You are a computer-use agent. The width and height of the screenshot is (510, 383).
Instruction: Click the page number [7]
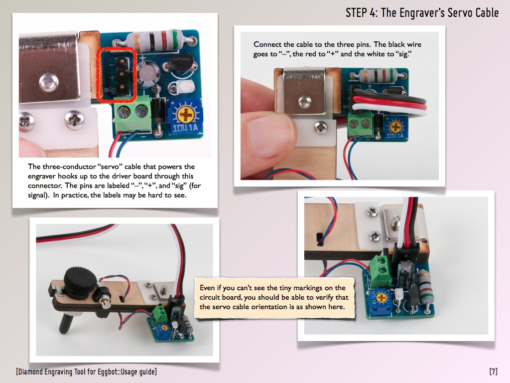coord(494,371)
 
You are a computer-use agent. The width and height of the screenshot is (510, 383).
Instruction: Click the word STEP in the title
coord(356,12)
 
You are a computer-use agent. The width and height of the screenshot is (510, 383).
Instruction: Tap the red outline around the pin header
coord(116,75)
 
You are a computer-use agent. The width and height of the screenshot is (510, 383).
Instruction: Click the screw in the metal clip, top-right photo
coord(305,102)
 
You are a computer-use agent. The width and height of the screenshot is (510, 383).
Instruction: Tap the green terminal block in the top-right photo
coord(360,124)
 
